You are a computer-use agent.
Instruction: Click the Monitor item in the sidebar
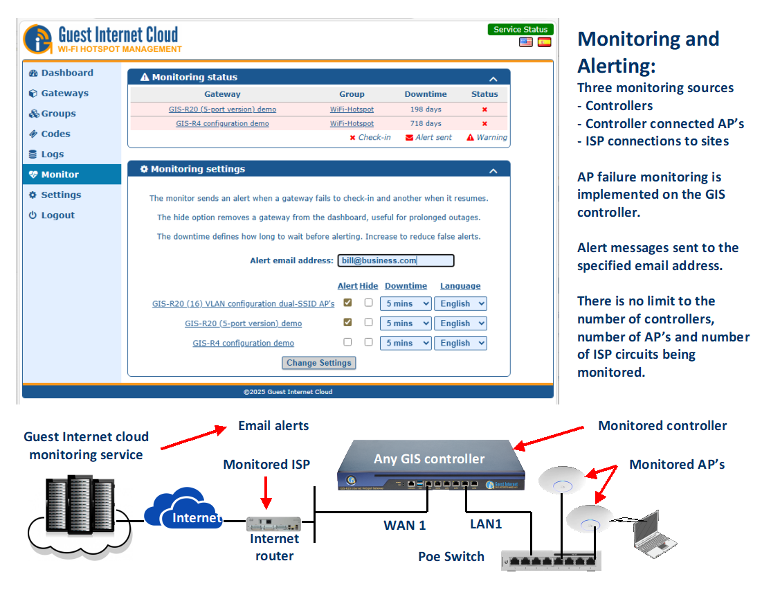coord(60,175)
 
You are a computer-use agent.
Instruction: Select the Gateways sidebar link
coord(64,93)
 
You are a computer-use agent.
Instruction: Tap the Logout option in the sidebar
coord(57,215)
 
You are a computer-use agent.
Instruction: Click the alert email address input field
coord(396,260)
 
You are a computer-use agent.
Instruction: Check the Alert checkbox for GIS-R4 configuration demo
coord(347,342)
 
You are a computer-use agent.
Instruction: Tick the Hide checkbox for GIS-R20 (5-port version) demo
coord(368,322)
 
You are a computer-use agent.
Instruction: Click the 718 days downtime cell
coord(426,123)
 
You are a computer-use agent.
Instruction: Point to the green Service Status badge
coord(520,30)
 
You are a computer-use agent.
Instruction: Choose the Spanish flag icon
coord(545,42)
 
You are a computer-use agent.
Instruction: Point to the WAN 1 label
coord(405,526)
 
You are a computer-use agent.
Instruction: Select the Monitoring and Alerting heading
coord(648,52)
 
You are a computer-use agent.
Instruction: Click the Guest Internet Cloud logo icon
coord(38,39)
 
